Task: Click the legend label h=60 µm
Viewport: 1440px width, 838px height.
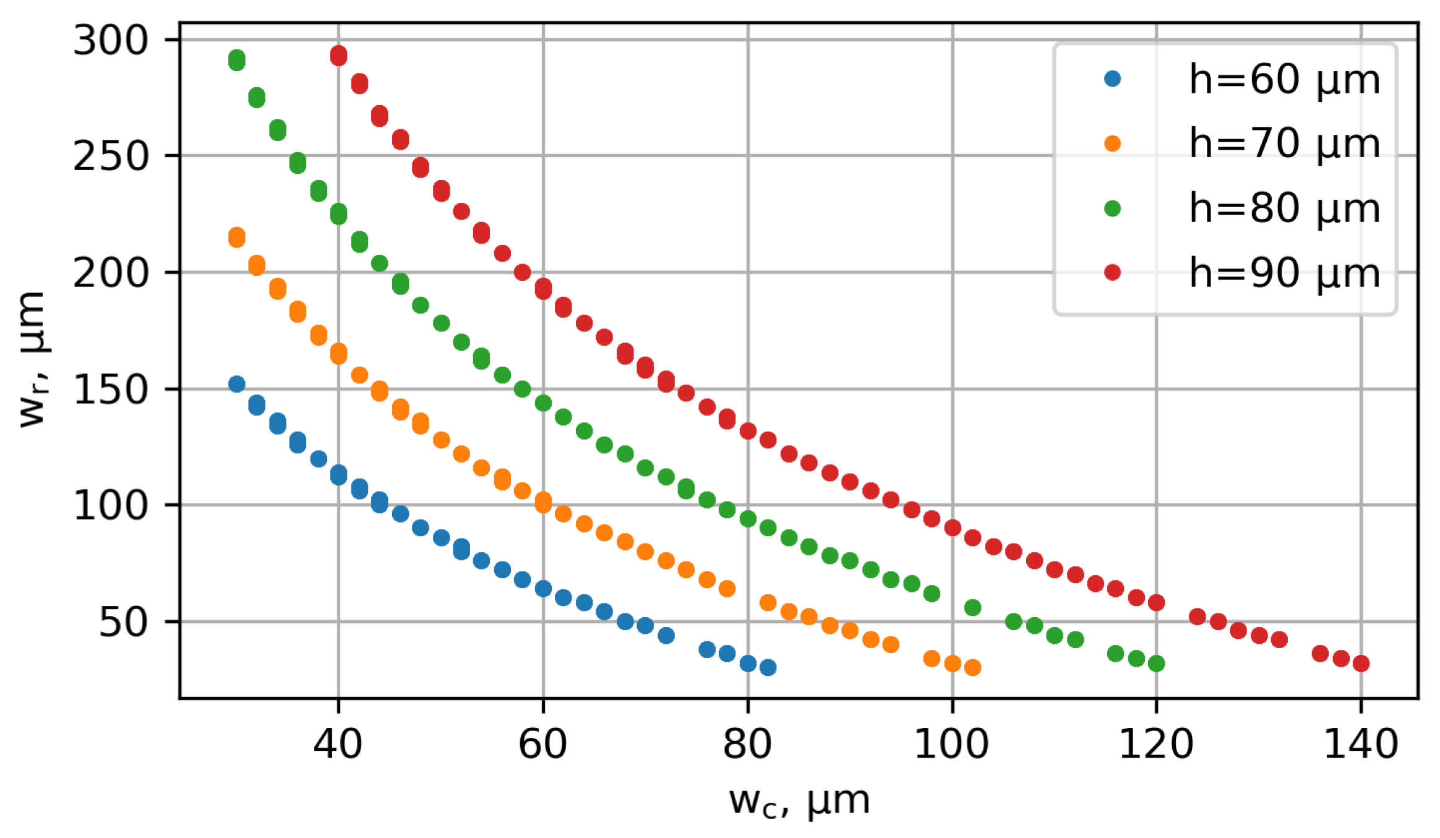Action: [1284, 80]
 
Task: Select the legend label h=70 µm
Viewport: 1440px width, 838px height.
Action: [1284, 144]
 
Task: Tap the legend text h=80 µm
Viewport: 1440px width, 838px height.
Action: [1284, 208]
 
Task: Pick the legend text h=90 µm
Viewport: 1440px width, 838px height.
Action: [1284, 273]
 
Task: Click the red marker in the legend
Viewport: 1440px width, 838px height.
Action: [1112, 273]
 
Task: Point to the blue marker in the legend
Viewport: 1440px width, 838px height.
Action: [1112, 79]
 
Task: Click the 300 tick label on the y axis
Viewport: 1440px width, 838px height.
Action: [111, 41]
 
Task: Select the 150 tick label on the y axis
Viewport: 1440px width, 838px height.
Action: [111, 390]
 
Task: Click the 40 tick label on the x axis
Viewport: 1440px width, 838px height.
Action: [338, 744]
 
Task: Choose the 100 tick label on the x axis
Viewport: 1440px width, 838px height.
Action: [952, 744]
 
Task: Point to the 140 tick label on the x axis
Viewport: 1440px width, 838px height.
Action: [1361, 744]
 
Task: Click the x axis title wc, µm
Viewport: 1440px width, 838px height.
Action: [800, 802]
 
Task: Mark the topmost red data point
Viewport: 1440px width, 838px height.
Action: [338, 56]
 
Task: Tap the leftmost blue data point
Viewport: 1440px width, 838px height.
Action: [236, 384]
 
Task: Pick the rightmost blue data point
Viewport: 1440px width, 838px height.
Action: [768, 667]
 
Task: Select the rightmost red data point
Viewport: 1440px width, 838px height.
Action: [1361, 664]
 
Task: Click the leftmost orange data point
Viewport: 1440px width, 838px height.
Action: [236, 237]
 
